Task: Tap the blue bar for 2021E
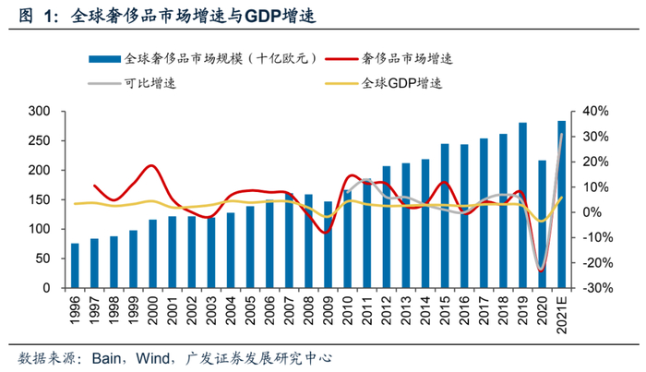coord(561,204)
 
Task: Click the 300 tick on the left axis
coord(38,112)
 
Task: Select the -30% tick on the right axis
coord(595,288)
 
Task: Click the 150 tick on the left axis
coord(38,200)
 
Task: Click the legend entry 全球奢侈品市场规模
coord(221,58)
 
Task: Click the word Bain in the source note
coord(113,357)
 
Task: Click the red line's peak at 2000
coord(152,166)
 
